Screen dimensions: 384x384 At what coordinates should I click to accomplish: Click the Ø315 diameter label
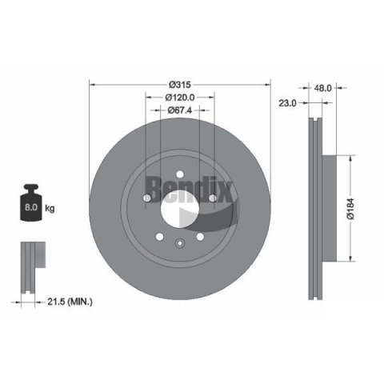[180, 85]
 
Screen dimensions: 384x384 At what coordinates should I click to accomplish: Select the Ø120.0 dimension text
[180, 98]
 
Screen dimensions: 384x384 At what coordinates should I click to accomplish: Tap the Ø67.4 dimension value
[180, 110]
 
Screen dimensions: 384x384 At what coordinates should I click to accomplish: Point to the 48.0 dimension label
[322, 88]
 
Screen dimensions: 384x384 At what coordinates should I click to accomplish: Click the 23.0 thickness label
[287, 103]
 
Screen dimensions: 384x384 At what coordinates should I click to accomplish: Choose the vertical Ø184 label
[350, 209]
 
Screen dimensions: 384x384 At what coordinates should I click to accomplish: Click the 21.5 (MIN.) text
[70, 302]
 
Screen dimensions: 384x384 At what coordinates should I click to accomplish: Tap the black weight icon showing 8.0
[31, 202]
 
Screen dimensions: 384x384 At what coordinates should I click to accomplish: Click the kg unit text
[50, 208]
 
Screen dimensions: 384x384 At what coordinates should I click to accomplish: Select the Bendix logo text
[188, 190]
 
